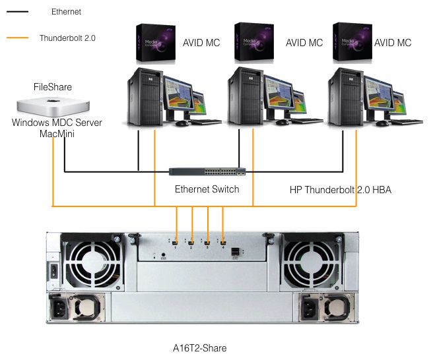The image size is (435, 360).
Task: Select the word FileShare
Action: (x=53, y=87)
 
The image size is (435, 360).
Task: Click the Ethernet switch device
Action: (x=207, y=172)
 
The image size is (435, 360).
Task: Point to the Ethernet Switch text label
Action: (x=207, y=189)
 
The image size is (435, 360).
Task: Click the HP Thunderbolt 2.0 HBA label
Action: (x=341, y=190)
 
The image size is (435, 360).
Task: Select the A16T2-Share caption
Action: (x=199, y=347)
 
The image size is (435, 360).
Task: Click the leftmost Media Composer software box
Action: (x=156, y=44)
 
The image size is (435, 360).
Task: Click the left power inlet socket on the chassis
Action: (x=66, y=307)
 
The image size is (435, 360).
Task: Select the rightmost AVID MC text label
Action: (x=393, y=44)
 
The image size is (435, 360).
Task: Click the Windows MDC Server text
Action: (x=57, y=123)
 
